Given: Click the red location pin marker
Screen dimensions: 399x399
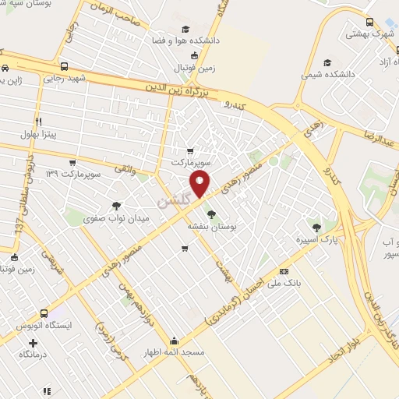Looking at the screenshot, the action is pos(200,185).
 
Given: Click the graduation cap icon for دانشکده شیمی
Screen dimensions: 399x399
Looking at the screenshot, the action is pos(328,62).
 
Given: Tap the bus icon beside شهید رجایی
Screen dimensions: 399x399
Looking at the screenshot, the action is pos(64,66).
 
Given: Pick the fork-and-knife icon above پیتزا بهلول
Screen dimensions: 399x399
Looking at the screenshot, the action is pos(37,122).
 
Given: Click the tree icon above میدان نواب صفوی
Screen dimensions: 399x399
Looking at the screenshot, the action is pos(116,206).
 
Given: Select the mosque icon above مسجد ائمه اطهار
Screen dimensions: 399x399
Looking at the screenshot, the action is pos(173,341).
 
